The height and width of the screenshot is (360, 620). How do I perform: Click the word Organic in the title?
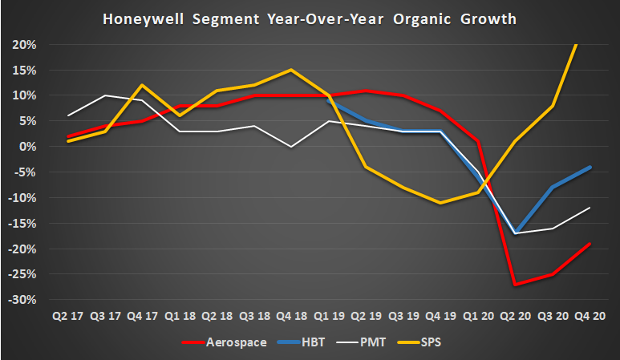click(427, 18)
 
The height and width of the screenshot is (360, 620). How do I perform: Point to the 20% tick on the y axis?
click(25, 44)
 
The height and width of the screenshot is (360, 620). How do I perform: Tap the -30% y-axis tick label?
click(22, 300)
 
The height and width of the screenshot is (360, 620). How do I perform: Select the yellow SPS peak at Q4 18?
click(291, 70)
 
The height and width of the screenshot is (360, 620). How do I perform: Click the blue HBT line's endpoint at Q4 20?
click(589, 167)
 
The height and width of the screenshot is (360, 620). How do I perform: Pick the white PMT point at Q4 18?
click(291, 147)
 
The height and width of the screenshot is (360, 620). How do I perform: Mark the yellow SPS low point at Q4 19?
click(440, 203)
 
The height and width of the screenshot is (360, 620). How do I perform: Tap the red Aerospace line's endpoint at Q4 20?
click(589, 244)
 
